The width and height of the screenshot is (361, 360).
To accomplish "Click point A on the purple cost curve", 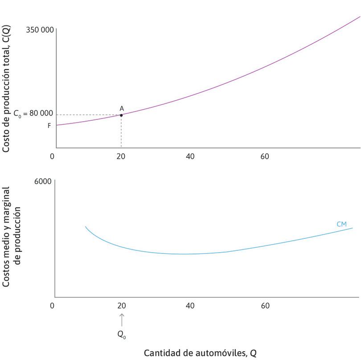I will pyautogui.click(x=121, y=115).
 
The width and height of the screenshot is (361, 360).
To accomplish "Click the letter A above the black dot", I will pyautogui.click(x=121, y=108).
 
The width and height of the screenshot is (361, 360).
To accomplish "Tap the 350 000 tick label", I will pyautogui.click(x=40, y=30).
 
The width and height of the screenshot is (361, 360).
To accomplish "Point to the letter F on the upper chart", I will pyautogui.click(x=49, y=126).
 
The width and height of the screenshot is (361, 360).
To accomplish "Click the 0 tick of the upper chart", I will pyautogui.click(x=52, y=156).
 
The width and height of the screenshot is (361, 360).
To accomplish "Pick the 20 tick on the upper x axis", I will pyautogui.click(x=121, y=156).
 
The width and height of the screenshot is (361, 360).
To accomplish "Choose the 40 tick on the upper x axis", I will pyautogui.click(x=190, y=156).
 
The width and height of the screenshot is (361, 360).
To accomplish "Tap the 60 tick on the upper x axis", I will pyautogui.click(x=265, y=156).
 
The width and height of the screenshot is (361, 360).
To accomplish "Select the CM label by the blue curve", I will pyautogui.click(x=341, y=224).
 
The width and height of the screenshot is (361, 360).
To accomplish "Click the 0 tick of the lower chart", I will pyautogui.click(x=52, y=306).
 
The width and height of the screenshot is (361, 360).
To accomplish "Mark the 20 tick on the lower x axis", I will pyautogui.click(x=121, y=306).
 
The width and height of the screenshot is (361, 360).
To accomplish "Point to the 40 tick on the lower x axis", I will pyautogui.click(x=190, y=306).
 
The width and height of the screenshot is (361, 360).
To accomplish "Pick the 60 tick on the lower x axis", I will pyautogui.click(x=265, y=306).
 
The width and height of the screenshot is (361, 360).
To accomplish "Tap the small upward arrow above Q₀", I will pyautogui.click(x=121, y=320).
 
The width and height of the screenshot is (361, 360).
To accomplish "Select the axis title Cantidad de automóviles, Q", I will pyautogui.click(x=200, y=353).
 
